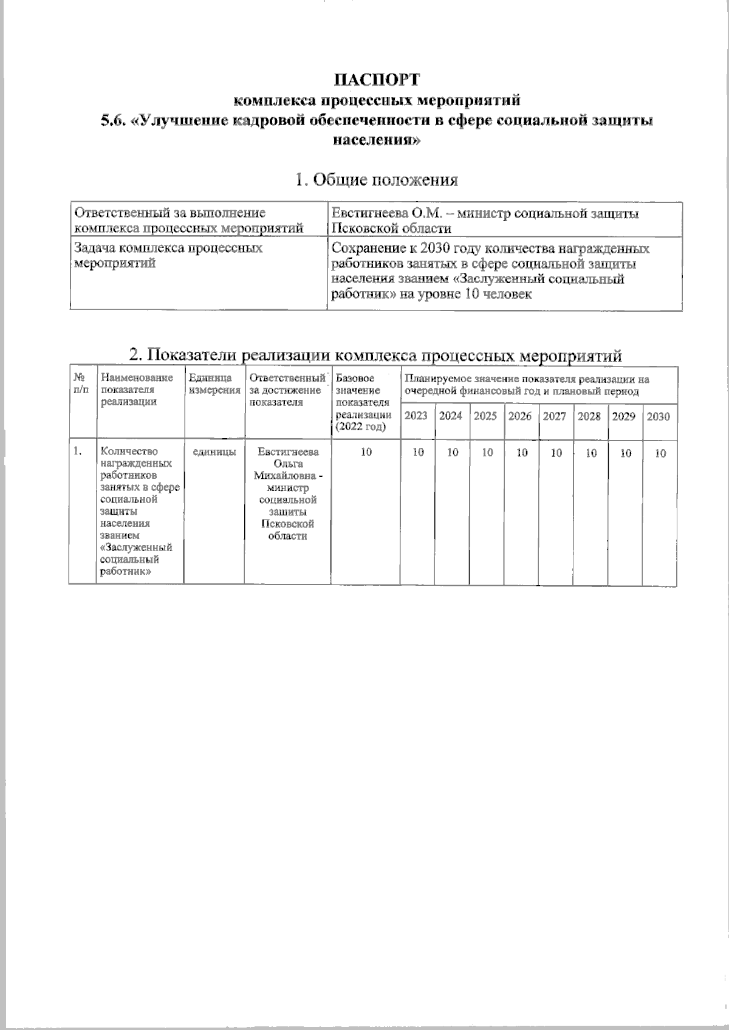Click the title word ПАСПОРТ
pyautogui.click(x=377, y=80)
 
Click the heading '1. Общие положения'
pyautogui.click(x=376, y=180)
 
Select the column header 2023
pyautogui.click(x=417, y=416)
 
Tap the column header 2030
pyautogui.click(x=659, y=417)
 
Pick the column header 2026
pyautogui.click(x=520, y=416)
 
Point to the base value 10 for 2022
pyautogui.click(x=366, y=453)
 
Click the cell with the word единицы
pyautogui.click(x=214, y=452)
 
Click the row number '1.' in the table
pyautogui.click(x=77, y=451)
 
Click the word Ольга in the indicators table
pyautogui.click(x=288, y=464)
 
